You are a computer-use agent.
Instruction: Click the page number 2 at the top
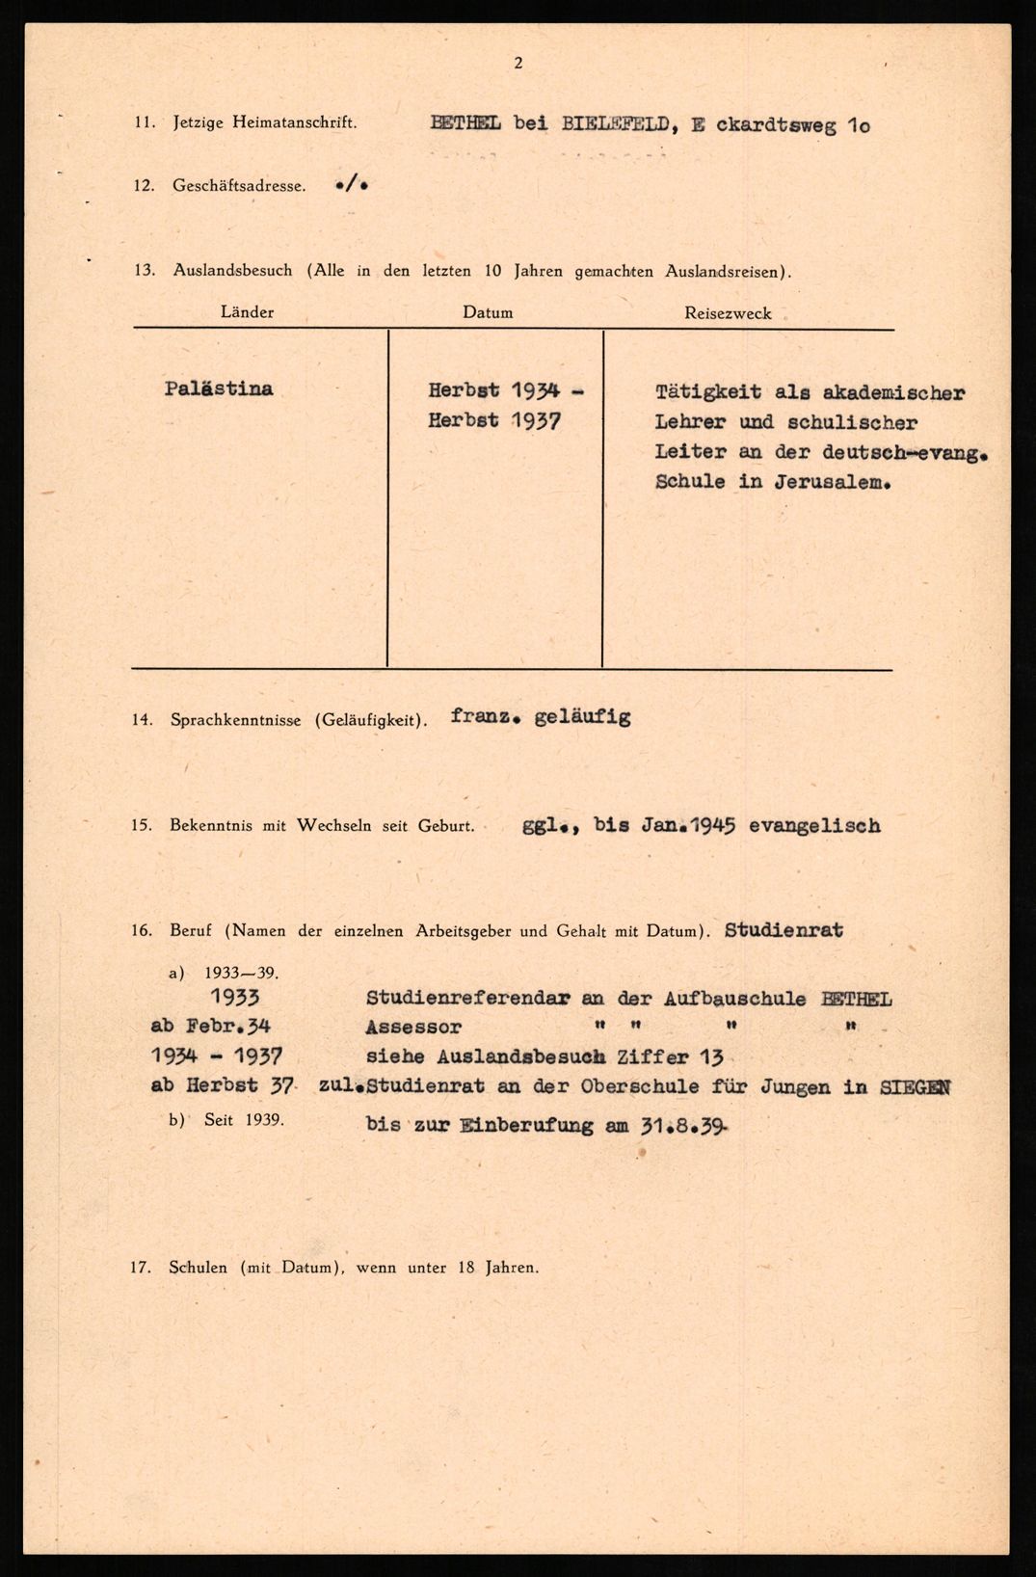pos(518,64)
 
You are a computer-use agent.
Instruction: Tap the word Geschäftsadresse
pos(239,186)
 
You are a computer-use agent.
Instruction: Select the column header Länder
pos(247,312)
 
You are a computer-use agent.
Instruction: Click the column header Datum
pos(488,312)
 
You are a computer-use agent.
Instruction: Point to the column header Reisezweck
pos(728,313)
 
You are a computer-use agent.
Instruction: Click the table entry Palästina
pos(219,388)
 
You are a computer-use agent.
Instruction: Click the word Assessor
pos(413,1028)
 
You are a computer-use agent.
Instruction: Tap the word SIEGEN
pos(915,1087)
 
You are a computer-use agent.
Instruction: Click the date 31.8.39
pos(682,1125)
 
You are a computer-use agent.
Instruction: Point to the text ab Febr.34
pos(210,1028)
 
